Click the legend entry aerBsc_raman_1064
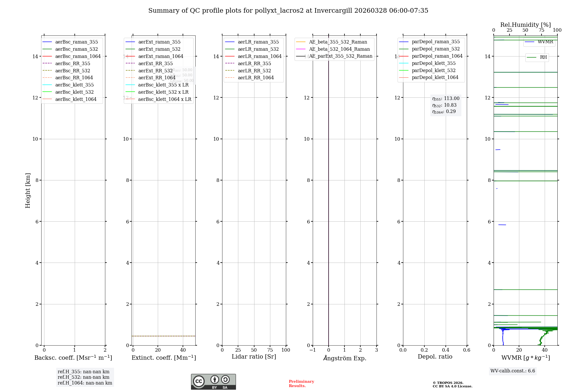coord(78,56)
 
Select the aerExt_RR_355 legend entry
coord(155,63)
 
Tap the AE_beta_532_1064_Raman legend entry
coord(339,49)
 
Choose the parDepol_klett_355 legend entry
coord(434,63)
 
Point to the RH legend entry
coord(543,57)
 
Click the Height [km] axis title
coord(28,191)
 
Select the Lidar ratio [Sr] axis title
coord(254,357)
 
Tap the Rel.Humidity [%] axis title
coord(525,25)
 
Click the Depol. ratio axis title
coord(435,357)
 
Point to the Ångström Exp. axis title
coord(344,358)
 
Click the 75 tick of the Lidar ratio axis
coord(270,350)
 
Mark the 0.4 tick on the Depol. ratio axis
coord(445,350)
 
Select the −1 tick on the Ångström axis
coord(312,350)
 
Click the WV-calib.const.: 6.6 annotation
coord(513,371)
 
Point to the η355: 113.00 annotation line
coord(445,99)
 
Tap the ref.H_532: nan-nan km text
coord(83,377)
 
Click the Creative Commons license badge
coord(213,382)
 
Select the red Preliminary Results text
coord(301,384)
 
